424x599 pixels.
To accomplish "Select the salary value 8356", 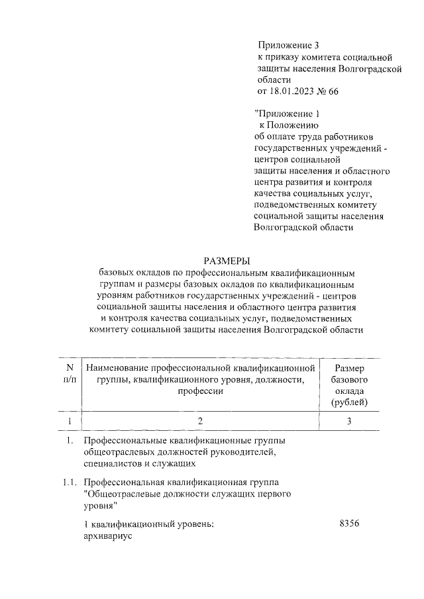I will pyautogui.click(x=348, y=525).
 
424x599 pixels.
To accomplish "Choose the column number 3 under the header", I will pyautogui.click(x=349, y=421).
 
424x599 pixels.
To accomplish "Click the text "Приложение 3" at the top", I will pyautogui.click(x=288, y=45).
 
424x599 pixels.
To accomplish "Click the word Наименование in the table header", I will pyautogui.click(x=117, y=367).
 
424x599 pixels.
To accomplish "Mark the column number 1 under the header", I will pyautogui.click(x=69, y=421).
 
